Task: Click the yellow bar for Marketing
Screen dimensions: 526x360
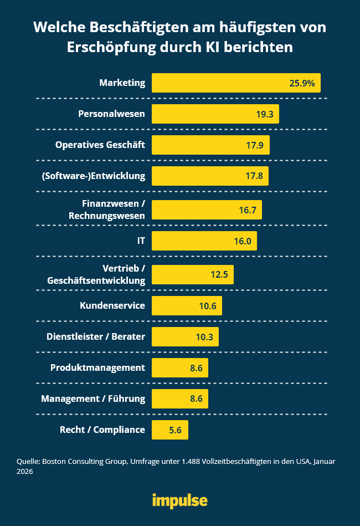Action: tap(236, 83)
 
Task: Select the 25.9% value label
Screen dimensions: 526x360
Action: tap(302, 83)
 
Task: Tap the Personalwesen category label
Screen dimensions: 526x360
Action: tap(111, 114)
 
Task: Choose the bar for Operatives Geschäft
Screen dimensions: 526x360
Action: tap(210, 145)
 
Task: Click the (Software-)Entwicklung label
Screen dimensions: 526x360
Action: tap(93, 176)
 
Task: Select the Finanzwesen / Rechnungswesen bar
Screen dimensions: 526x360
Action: tap(207, 210)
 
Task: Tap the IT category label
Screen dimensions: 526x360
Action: tap(141, 241)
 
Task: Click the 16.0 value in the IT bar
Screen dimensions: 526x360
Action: tap(243, 241)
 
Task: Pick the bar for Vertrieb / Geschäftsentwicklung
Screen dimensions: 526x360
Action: tap(192, 274)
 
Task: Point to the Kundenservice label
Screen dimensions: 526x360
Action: tap(112, 305)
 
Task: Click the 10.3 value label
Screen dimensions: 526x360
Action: tap(204, 336)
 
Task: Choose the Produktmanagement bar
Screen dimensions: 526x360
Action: tap(179, 367)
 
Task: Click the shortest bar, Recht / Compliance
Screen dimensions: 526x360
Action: tap(169, 430)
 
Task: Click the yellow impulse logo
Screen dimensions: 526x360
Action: tap(180, 501)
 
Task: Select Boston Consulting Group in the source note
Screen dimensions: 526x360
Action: tap(79, 461)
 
